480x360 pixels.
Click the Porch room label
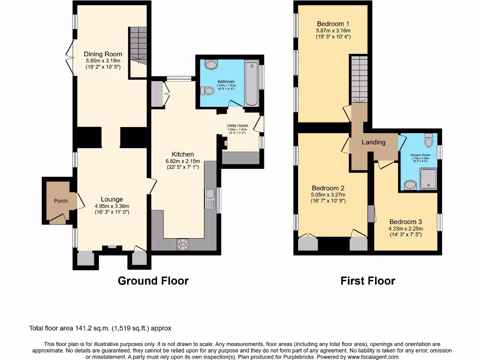60,201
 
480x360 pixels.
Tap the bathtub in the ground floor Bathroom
252,82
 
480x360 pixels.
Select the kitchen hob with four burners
182,244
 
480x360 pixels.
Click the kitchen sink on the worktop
209,199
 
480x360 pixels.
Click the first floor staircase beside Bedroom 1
359,78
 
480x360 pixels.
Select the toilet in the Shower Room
428,140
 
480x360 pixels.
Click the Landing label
373,142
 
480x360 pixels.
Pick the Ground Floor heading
153,281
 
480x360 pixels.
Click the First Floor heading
367,281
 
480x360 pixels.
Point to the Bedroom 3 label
405,222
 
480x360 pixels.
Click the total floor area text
103,329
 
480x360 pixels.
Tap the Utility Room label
237,126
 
